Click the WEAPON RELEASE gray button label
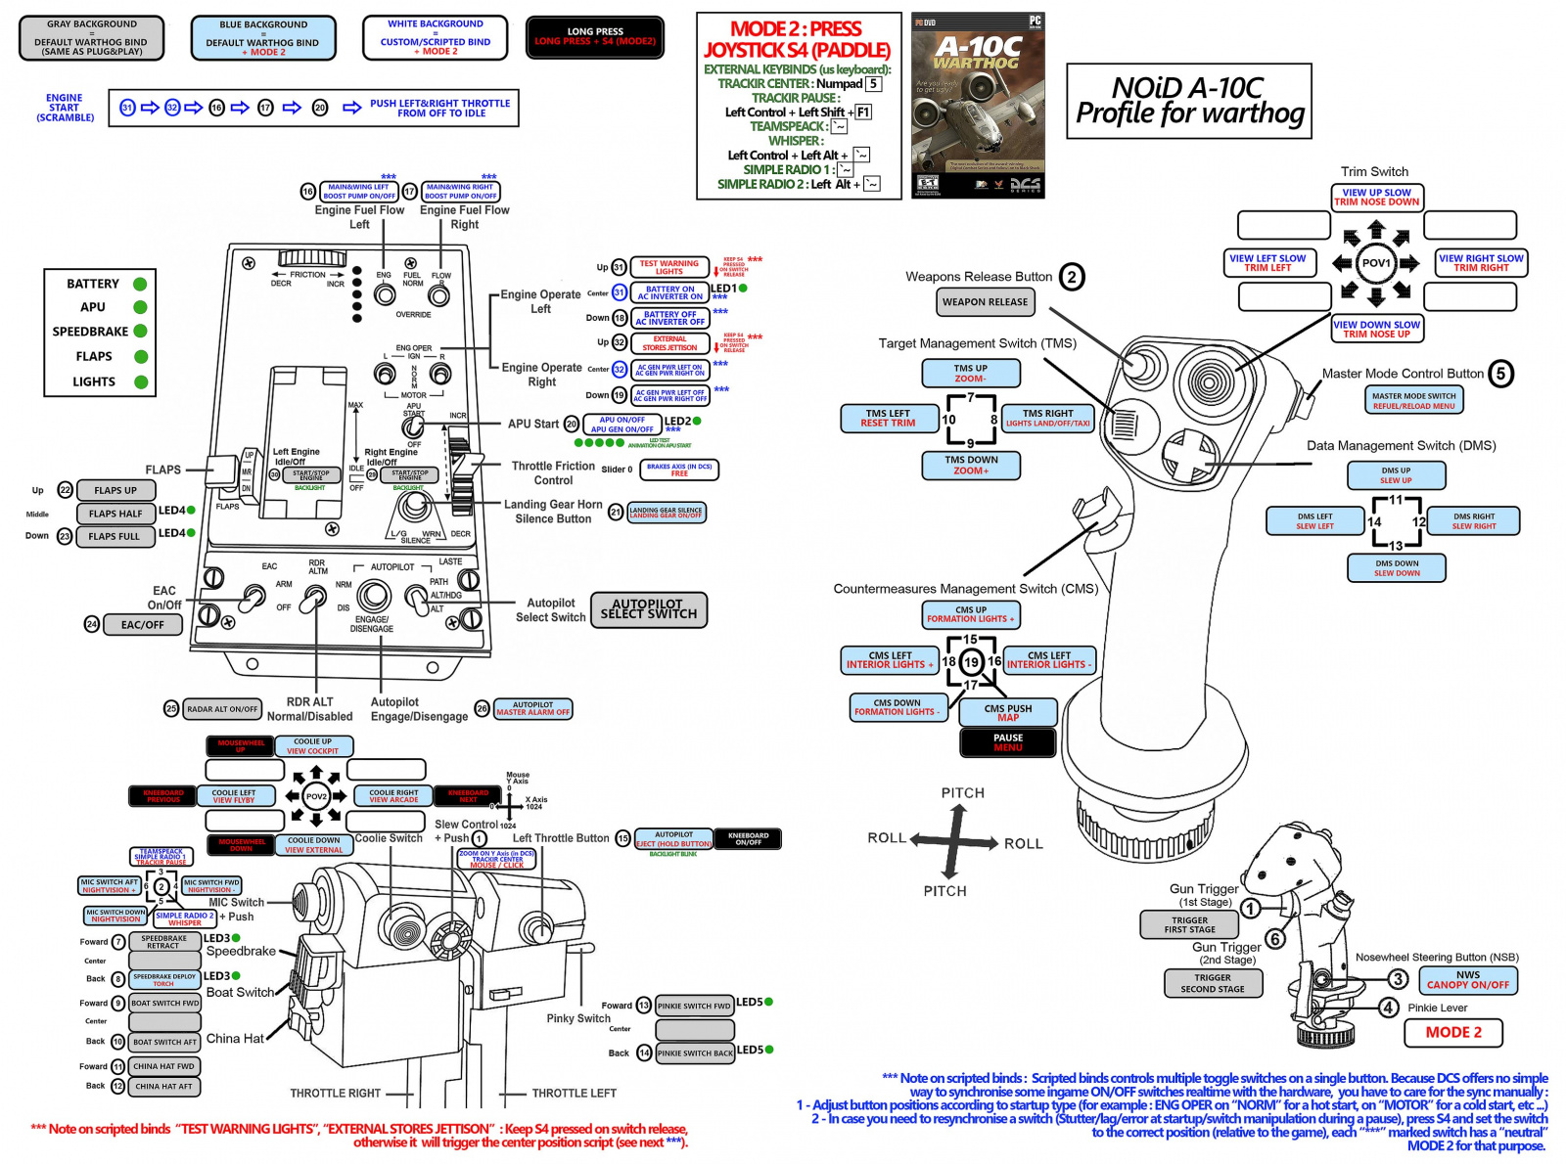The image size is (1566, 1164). (985, 302)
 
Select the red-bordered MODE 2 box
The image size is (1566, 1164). (1452, 1033)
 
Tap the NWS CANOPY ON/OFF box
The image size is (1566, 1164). (1467, 980)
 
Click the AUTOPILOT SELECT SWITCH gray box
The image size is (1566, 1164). (648, 609)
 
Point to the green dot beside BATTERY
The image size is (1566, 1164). (140, 284)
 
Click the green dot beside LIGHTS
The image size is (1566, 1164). (140, 382)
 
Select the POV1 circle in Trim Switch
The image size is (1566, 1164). (1376, 263)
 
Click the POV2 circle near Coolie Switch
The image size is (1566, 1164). (316, 796)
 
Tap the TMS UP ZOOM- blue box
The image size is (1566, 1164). (970, 374)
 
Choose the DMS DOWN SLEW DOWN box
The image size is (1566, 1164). (1396, 568)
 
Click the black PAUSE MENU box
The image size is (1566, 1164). (1007, 742)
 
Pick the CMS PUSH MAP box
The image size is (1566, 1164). (1007, 713)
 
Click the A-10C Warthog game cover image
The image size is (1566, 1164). (978, 106)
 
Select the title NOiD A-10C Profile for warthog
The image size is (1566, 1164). (1188, 102)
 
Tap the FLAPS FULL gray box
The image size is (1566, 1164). (115, 536)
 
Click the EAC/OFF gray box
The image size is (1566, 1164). (143, 625)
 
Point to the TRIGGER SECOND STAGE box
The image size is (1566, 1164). (1212, 983)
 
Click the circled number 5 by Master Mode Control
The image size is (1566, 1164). (1500, 373)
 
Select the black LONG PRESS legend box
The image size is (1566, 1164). (594, 37)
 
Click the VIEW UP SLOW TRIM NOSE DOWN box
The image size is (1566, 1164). (1376, 198)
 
